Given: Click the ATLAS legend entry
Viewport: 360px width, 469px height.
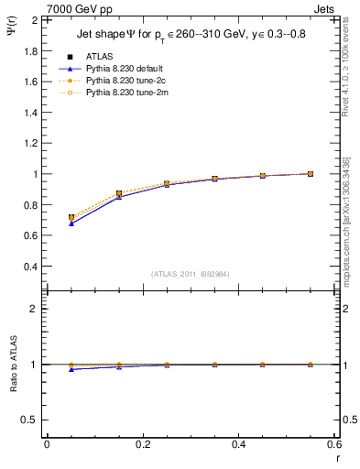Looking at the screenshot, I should click(x=100, y=57).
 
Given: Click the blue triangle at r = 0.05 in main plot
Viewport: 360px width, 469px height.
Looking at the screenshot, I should click(x=71, y=224).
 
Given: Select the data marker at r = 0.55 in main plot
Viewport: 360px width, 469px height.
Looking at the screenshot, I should click(x=311, y=173).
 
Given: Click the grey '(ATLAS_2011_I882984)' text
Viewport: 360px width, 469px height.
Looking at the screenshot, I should click(x=191, y=274).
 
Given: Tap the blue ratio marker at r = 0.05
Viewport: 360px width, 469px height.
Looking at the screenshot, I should click(x=71, y=369).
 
